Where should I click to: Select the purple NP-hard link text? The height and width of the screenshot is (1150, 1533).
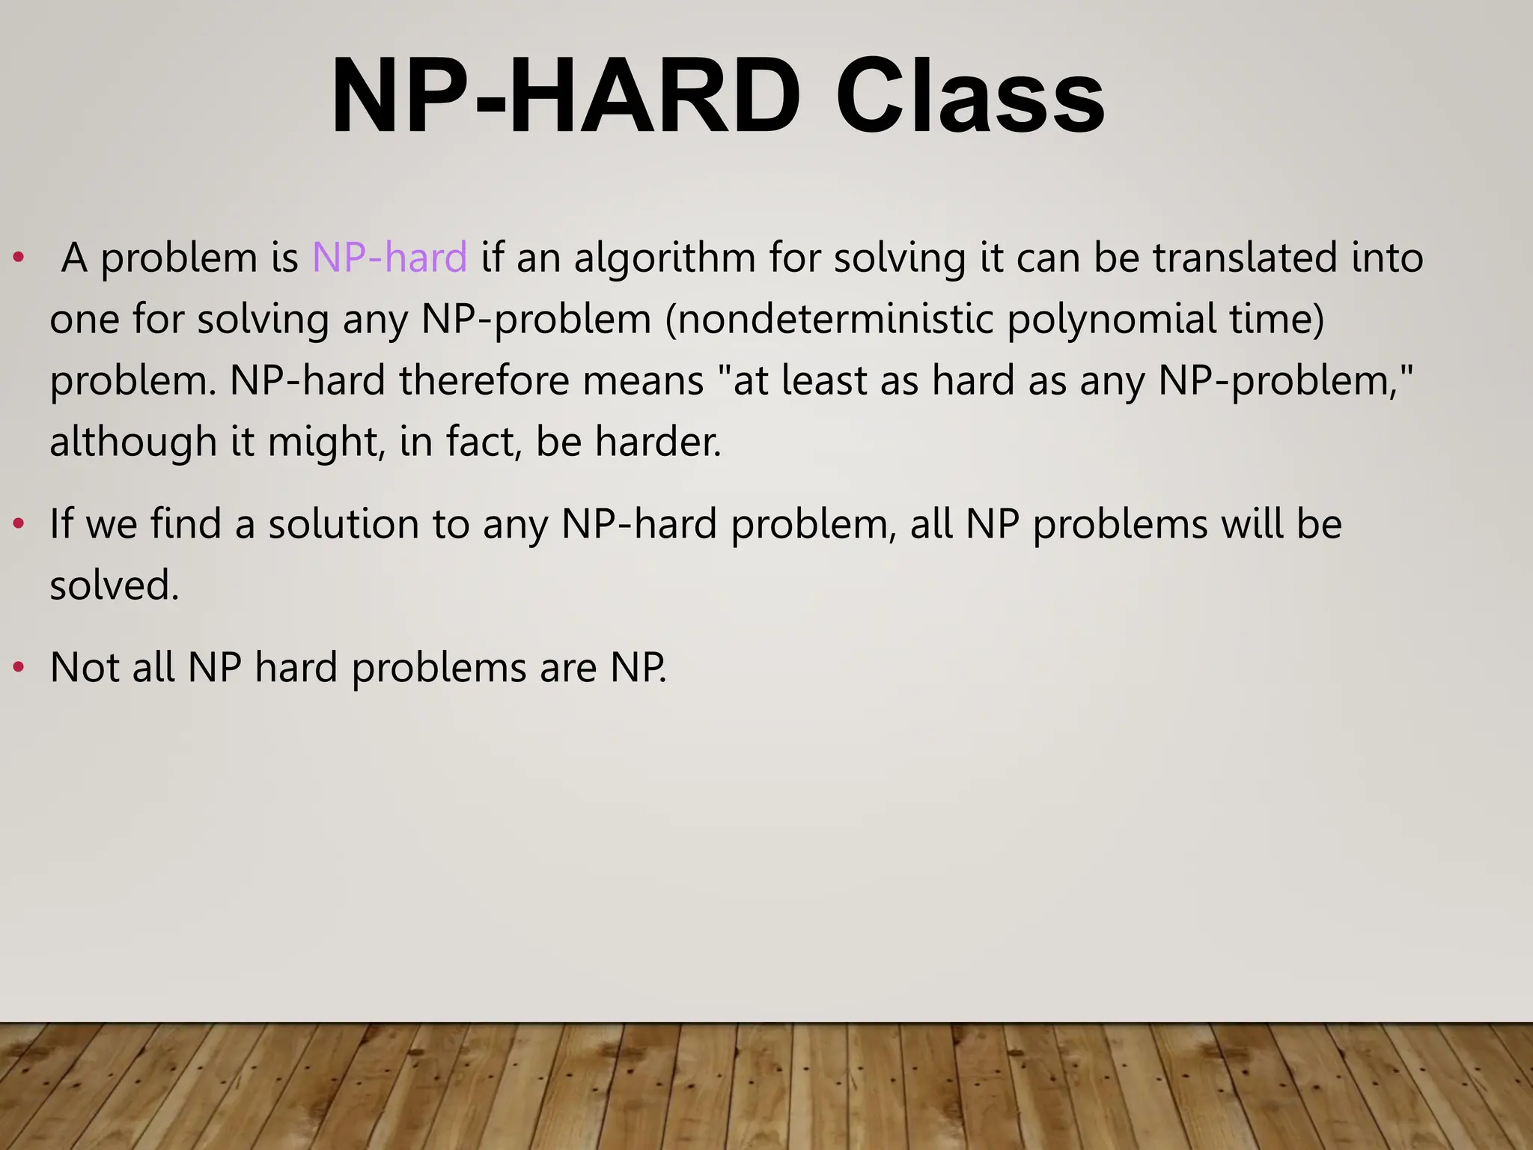389,258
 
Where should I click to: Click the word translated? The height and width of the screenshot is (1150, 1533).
1244,258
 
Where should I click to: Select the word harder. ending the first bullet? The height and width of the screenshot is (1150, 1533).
658,442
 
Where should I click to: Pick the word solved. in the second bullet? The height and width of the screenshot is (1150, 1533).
115,585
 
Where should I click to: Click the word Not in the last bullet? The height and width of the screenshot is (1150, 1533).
85,667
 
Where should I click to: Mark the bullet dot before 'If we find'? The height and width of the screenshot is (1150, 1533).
19,523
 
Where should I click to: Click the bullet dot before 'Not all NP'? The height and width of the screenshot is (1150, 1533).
19,667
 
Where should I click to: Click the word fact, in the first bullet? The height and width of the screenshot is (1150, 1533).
484,442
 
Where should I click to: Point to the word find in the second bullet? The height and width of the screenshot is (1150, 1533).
186,523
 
